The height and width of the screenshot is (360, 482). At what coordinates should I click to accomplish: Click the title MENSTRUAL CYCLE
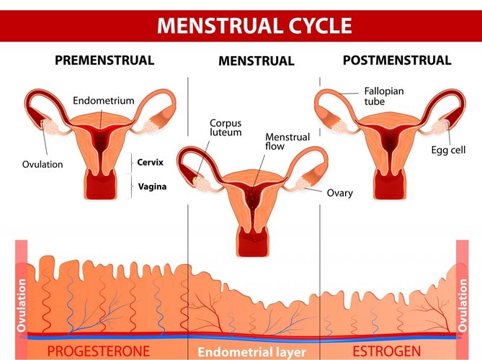coord(255,26)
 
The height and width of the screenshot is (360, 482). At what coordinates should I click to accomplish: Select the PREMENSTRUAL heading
coord(104,60)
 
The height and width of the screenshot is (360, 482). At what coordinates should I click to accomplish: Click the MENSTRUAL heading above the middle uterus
coord(256,62)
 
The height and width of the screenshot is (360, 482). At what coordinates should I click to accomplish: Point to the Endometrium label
coord(104,101)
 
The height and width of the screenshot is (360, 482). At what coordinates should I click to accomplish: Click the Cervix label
coord(152,162)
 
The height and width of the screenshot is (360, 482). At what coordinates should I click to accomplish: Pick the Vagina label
coord(152,186)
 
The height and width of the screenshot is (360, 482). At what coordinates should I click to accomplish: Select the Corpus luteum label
coord(226,127)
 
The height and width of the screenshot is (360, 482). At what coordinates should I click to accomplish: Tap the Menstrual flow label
coord(287,142)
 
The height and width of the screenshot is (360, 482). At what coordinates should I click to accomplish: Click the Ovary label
coord(340,193)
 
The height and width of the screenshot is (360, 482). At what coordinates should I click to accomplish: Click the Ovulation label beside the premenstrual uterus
coord(42,164)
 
